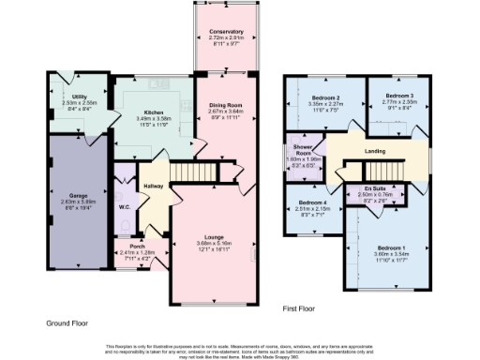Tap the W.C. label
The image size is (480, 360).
pos(124,207)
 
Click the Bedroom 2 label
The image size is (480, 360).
pos(328,97)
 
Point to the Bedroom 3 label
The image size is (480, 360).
pos(399,96)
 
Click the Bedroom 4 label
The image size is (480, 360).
pos(312,202)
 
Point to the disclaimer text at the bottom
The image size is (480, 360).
pos(240,349)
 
